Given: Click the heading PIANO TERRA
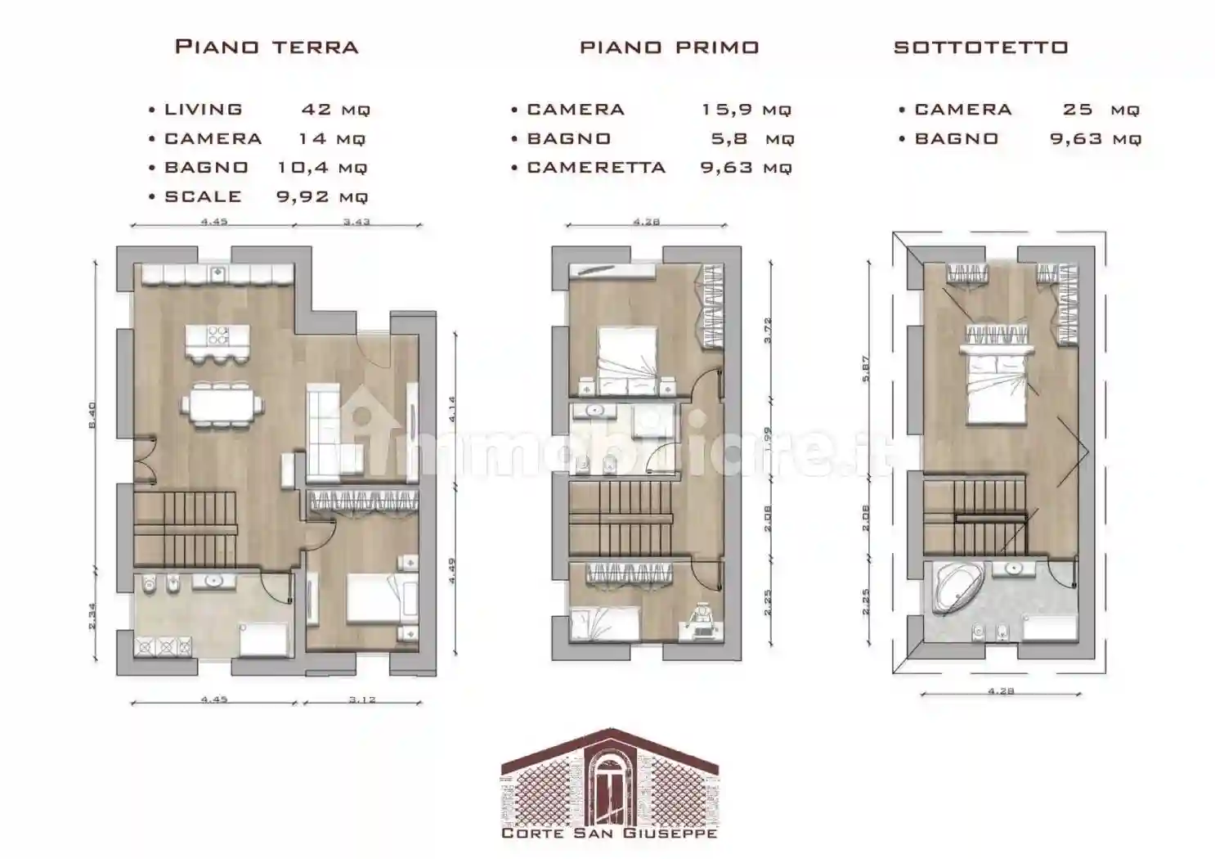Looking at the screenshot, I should pyautogui.click(x=267, y=47).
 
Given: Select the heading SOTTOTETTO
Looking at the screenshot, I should pyautogui.click(x=980, y=47).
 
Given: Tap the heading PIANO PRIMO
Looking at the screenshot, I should pyautogui.click(x=669, y=47).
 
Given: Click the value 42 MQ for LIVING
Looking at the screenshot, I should pyautogui.click(x=335, y=110).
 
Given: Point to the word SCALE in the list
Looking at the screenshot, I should pyautogui.click(x=203, y=197).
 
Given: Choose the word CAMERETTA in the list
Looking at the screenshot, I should pyautogui.click(x=596, y=168).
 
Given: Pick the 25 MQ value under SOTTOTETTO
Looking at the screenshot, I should pyautogui.click(x=1101, y=110).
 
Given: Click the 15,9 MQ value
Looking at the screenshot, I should pyautogui.click(x=746, y=110).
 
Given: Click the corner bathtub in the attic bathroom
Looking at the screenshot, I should pyautogui.click(x=953, y=587).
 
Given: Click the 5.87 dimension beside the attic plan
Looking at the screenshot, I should pyautogui.click(x=866, y=368).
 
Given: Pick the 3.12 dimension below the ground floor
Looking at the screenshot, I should pyautogui.click(x=362, y=700).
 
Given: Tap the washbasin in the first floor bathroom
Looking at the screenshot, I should pyautogui.click(x=594, y=409).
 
